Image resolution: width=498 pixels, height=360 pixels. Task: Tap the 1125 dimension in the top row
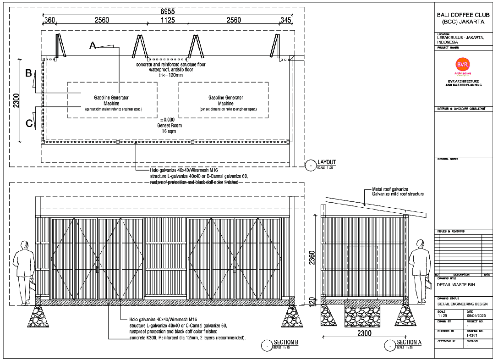point(168,20)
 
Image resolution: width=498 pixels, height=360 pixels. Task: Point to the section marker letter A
point(93,45)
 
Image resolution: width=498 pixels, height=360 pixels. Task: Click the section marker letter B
point(28,73)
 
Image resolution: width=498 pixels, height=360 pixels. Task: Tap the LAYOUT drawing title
point(327,162)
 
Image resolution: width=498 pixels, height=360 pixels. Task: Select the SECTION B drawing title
point(286,343)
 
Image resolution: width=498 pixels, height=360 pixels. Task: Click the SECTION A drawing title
point(409,343)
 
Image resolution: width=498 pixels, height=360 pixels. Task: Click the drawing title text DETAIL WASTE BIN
point(456,285)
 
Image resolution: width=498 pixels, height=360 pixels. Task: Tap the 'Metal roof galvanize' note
point(390,189)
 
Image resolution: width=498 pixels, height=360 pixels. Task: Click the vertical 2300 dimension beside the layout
point(16,100)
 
